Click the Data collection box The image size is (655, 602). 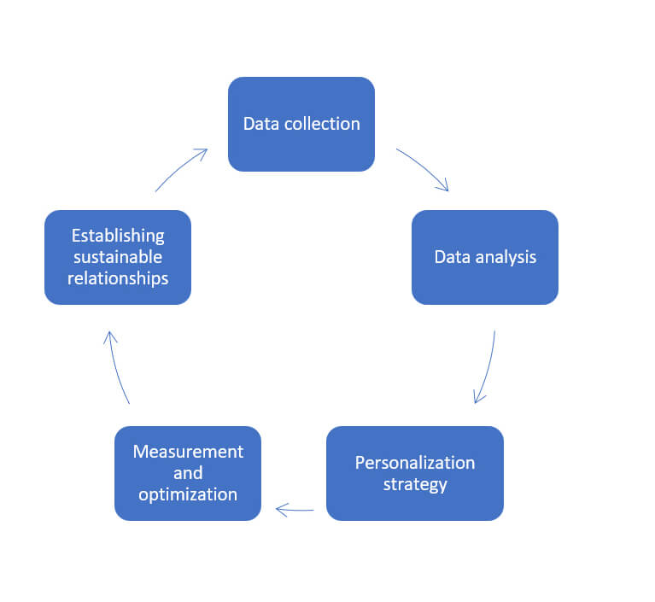pos(301,124)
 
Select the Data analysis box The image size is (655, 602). pos(484,257)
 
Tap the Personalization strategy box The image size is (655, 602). pos(415,473)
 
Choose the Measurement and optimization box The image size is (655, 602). pos(188,473)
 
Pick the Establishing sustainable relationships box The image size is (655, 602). pos(118,257)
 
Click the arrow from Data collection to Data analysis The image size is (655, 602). pos(424,167)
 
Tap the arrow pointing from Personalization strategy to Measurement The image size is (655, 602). pos(295,510)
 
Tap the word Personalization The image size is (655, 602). pos(415,463)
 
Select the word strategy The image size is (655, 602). pos(415,485)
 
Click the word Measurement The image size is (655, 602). pos(188,452)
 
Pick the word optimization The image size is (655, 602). pos(188,495)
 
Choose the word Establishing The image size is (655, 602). pos(118,236)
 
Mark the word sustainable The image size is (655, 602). pos(118,257)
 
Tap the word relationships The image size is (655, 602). pos(118,278)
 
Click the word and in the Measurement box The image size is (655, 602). pos(188,473)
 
